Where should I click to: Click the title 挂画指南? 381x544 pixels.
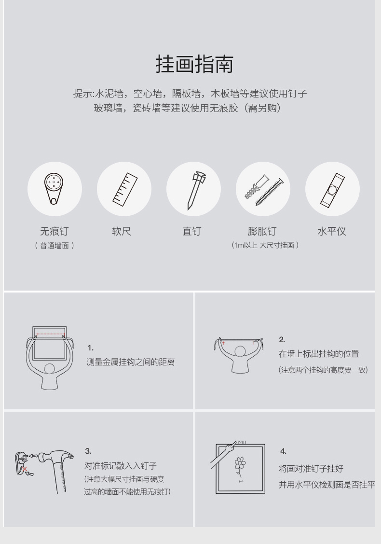(x=194, y=64)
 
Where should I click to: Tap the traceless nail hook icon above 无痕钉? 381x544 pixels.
(x=54, y=188)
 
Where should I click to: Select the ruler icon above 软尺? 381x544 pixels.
(x=125, y=189)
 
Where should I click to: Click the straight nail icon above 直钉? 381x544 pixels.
(x=195, y=190)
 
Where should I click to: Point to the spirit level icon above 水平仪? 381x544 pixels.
(x=332, y=191)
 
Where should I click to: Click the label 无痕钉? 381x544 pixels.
(x=54, y=231)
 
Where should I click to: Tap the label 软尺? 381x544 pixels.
(x=122, y=231)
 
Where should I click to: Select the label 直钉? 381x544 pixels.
(x=192, y=231)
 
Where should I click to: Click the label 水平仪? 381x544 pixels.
(x=332, y=231)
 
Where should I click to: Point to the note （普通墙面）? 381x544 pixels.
(x=54, y=246)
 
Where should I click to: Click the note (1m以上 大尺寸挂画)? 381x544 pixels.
(x=265, y=245)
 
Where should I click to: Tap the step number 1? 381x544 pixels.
(x=91, y=348)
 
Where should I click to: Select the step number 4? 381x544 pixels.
(x=284, y=451)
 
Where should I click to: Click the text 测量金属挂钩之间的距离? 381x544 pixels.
(x=130, y=362)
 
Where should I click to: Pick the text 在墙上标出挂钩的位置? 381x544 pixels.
(x=319, y=354)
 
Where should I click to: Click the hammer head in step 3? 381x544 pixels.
(x=55, y=457)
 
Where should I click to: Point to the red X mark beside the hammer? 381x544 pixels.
(x=25, y=469)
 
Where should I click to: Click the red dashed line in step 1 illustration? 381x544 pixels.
(x=50, y=335)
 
